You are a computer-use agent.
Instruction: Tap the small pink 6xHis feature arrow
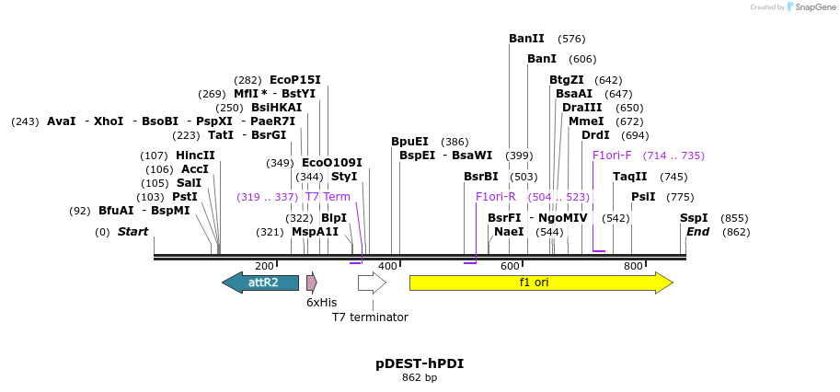[x=312, y=282]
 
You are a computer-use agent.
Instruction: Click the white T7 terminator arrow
[x=372, y=282]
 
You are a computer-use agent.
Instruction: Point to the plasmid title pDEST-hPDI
[x=420, y=363]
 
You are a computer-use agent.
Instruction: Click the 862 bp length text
[x=420, y=377]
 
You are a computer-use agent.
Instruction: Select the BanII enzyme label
[x=526, y=39]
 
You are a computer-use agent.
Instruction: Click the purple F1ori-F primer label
[x=612, y=156]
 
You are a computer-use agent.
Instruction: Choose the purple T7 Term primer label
[x=328, y=197]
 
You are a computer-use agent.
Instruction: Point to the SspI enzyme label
[x=694, y=218]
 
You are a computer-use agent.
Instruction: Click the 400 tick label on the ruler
[x=387, y=266]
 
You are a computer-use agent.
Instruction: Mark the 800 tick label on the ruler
[x=633, y=266]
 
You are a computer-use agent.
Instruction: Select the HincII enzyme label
[x=195, y=156]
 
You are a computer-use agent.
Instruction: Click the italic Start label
[x=132, y=232]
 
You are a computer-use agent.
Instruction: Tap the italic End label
[x=697, y=232]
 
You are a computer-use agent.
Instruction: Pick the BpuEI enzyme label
[x=409, y=142]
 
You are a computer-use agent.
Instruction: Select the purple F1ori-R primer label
[x=495, y=197]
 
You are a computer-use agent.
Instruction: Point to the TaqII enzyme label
[x=630, y=177]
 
